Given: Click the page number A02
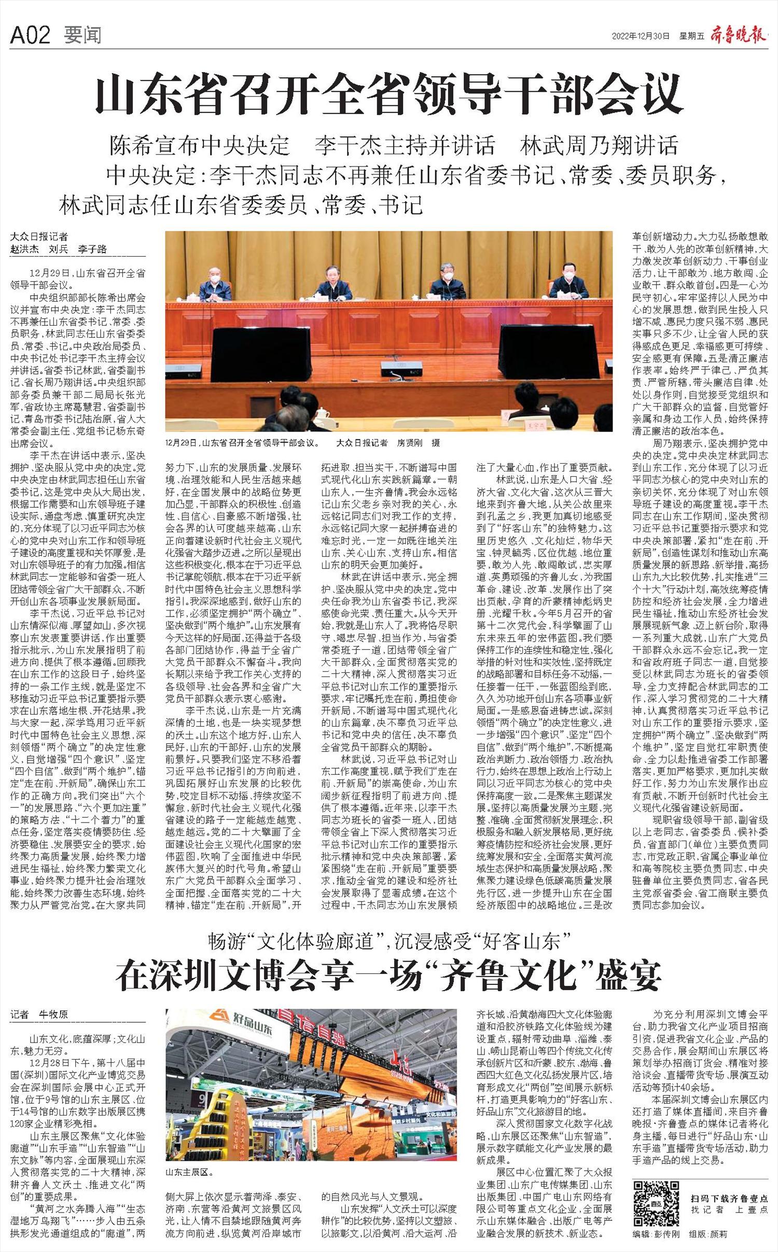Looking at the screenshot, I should [x=30, y=35].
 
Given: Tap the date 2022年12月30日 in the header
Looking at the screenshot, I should [x=641, y=36].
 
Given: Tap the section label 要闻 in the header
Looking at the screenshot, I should [x=82, y=35].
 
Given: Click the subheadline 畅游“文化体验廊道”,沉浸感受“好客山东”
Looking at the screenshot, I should [x=389, y=940].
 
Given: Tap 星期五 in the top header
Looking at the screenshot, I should [x=691, y=36].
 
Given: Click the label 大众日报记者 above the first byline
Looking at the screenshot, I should [x=39, y=237].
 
